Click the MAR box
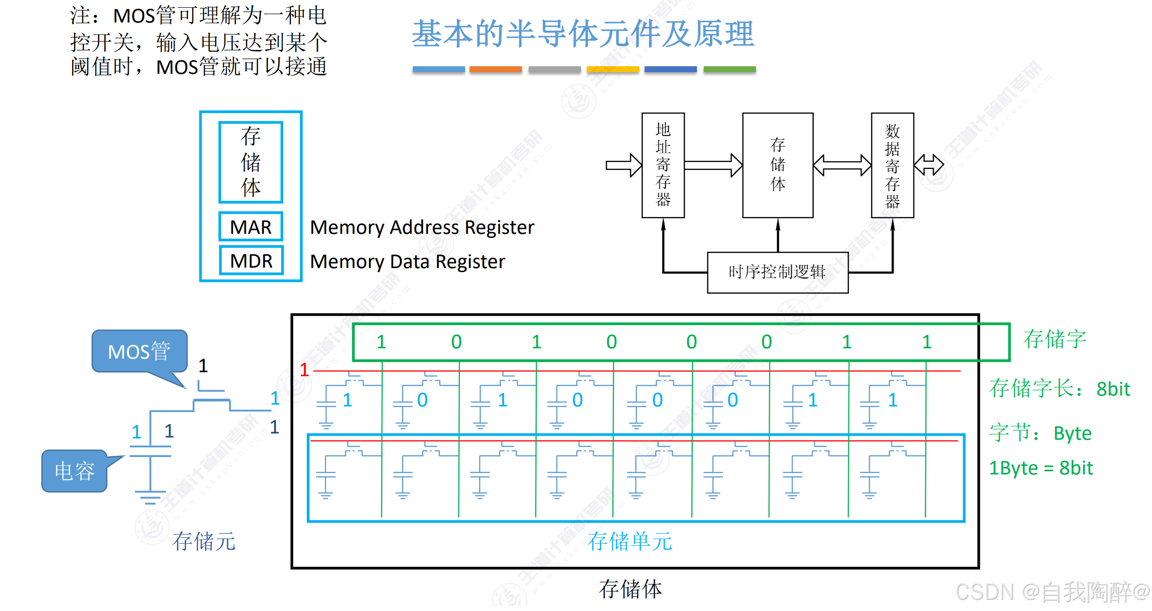251,227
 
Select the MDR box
251,261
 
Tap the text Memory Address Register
422,227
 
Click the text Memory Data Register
407,261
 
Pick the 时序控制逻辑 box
777,272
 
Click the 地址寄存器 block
663,165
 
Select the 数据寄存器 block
892,165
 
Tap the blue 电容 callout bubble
74,471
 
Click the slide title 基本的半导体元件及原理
583,34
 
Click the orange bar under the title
495,69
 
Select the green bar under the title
729,69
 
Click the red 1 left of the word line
304,370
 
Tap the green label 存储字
1055,339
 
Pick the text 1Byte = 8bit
1041,468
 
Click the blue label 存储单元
629,541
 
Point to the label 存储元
204,541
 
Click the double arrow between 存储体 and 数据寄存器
842,165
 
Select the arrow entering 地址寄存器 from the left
623,165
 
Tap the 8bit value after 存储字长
1113,389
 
